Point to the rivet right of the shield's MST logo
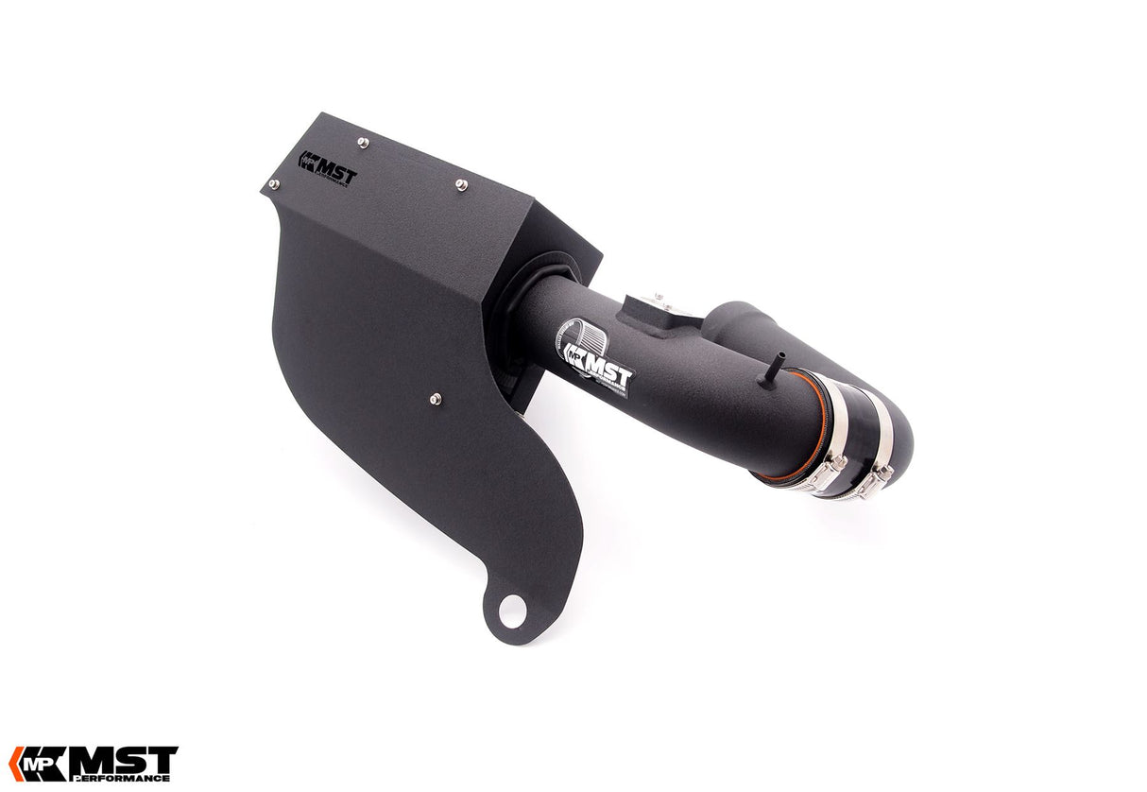460,183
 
